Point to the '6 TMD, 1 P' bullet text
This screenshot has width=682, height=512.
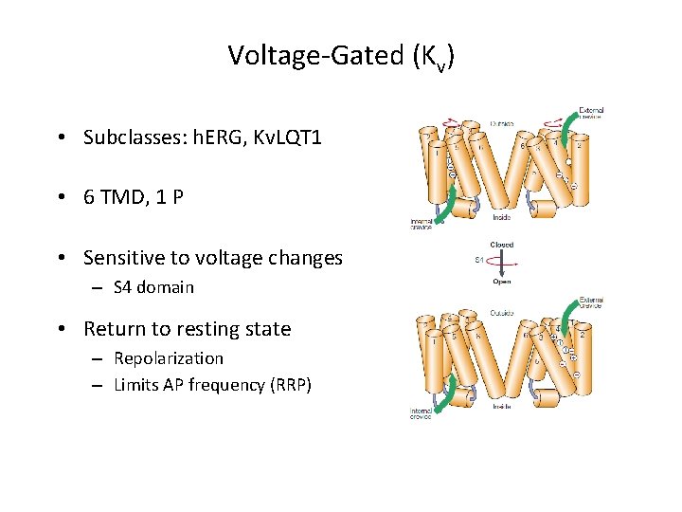pyautogui.click(x=134, y=198)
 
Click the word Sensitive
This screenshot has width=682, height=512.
pyautogui.click(x=120, y=258)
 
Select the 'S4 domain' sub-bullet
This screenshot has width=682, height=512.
pyautogui.click(x=153, y=287)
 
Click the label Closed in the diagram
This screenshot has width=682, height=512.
pyautogui.click(x=502, y=245)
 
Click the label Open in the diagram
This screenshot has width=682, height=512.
pyautogui.click(x=502, y=281)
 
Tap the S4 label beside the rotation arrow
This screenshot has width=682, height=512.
pyautogui.click(x=479, y=261)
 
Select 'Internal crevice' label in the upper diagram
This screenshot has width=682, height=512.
pyautogui.click(x=422, y=224)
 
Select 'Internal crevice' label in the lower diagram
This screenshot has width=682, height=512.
pyautogui.click(x=422, y=414)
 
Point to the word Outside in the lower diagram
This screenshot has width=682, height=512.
pyautogui.click(x=504, y=314)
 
